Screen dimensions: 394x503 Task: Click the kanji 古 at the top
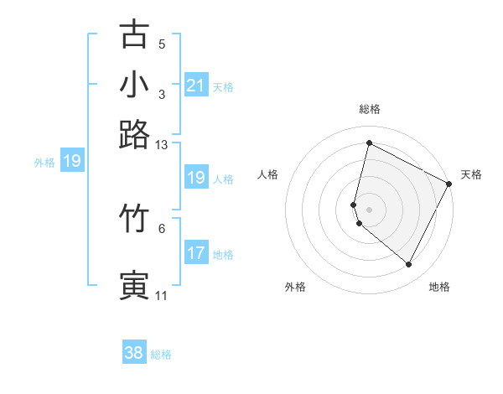pyautogui.click(x=135, y=34)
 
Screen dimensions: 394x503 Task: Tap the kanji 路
pyautogui.click(x=135, y=134)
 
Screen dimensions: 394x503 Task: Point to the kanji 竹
pyautogui.click(x=135, y=218)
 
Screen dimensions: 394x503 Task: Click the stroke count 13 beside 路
pyautogui.click(x=162, y=145)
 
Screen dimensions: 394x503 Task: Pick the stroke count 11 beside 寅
pyautogui.click(x=161, y=295)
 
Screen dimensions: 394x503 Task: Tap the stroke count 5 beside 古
pyautogui.click(x=162, y=44)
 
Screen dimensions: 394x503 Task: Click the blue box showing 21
pyautogui.click(x=195, y=86)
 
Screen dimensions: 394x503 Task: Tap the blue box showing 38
pyautogui.click(x=134, y=353)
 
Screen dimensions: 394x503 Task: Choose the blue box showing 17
pyautogui.click(x=195, y=253)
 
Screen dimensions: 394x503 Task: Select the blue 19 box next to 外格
pyautogui.click(x=71, y=162)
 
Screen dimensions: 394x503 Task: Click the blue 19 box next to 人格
pyautogui.click(x=195, y=178)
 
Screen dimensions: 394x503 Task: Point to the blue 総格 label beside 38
pyautogui.click(x=161, y=355)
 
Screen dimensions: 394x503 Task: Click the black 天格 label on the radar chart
pyautogui.click(x=471, y=174)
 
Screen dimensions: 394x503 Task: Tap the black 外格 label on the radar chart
pyautogui.click(x=295, y=288)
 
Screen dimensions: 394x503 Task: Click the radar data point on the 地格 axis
pyautogui.click(x=408, y=265)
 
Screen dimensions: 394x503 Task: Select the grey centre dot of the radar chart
pyautogui.click(x=369, y=209)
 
